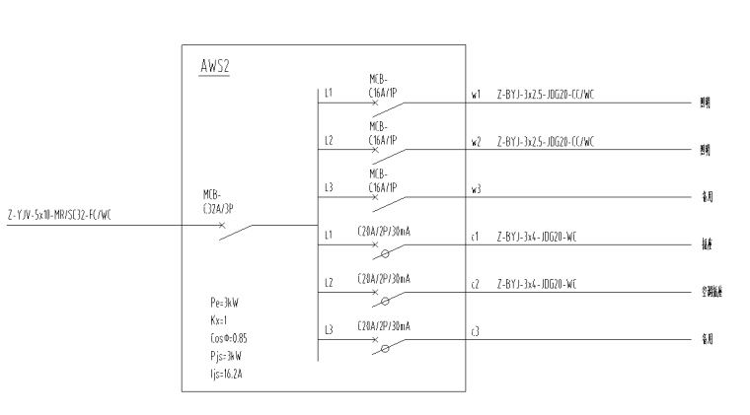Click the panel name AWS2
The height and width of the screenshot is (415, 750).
(214, 66)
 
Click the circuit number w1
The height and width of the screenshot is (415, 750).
(476, 96)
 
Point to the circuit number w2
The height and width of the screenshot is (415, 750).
(476, 142)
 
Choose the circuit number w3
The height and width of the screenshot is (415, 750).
(476, 187)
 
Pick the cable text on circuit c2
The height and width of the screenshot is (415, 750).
(536, 283)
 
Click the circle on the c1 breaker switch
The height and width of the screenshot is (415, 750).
(385, 254)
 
